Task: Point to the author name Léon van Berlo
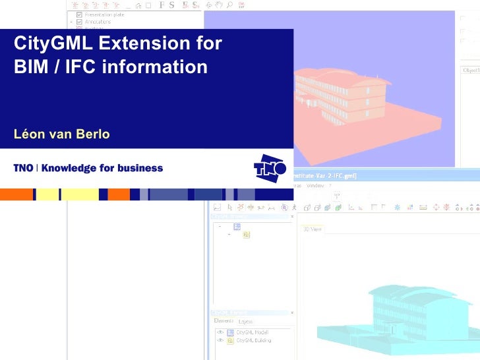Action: click(61, 135)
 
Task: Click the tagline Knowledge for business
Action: click(102, 168)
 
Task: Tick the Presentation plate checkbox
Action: click(80, 14)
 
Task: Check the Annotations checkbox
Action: click(80, 22)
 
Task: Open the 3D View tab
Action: click(313, 229)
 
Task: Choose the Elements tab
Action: click(224, 321)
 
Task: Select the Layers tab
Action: click(245, 321)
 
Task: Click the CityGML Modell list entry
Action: click(253, 332)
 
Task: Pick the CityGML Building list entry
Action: click(254, 340)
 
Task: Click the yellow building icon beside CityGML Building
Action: click(230, 340)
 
